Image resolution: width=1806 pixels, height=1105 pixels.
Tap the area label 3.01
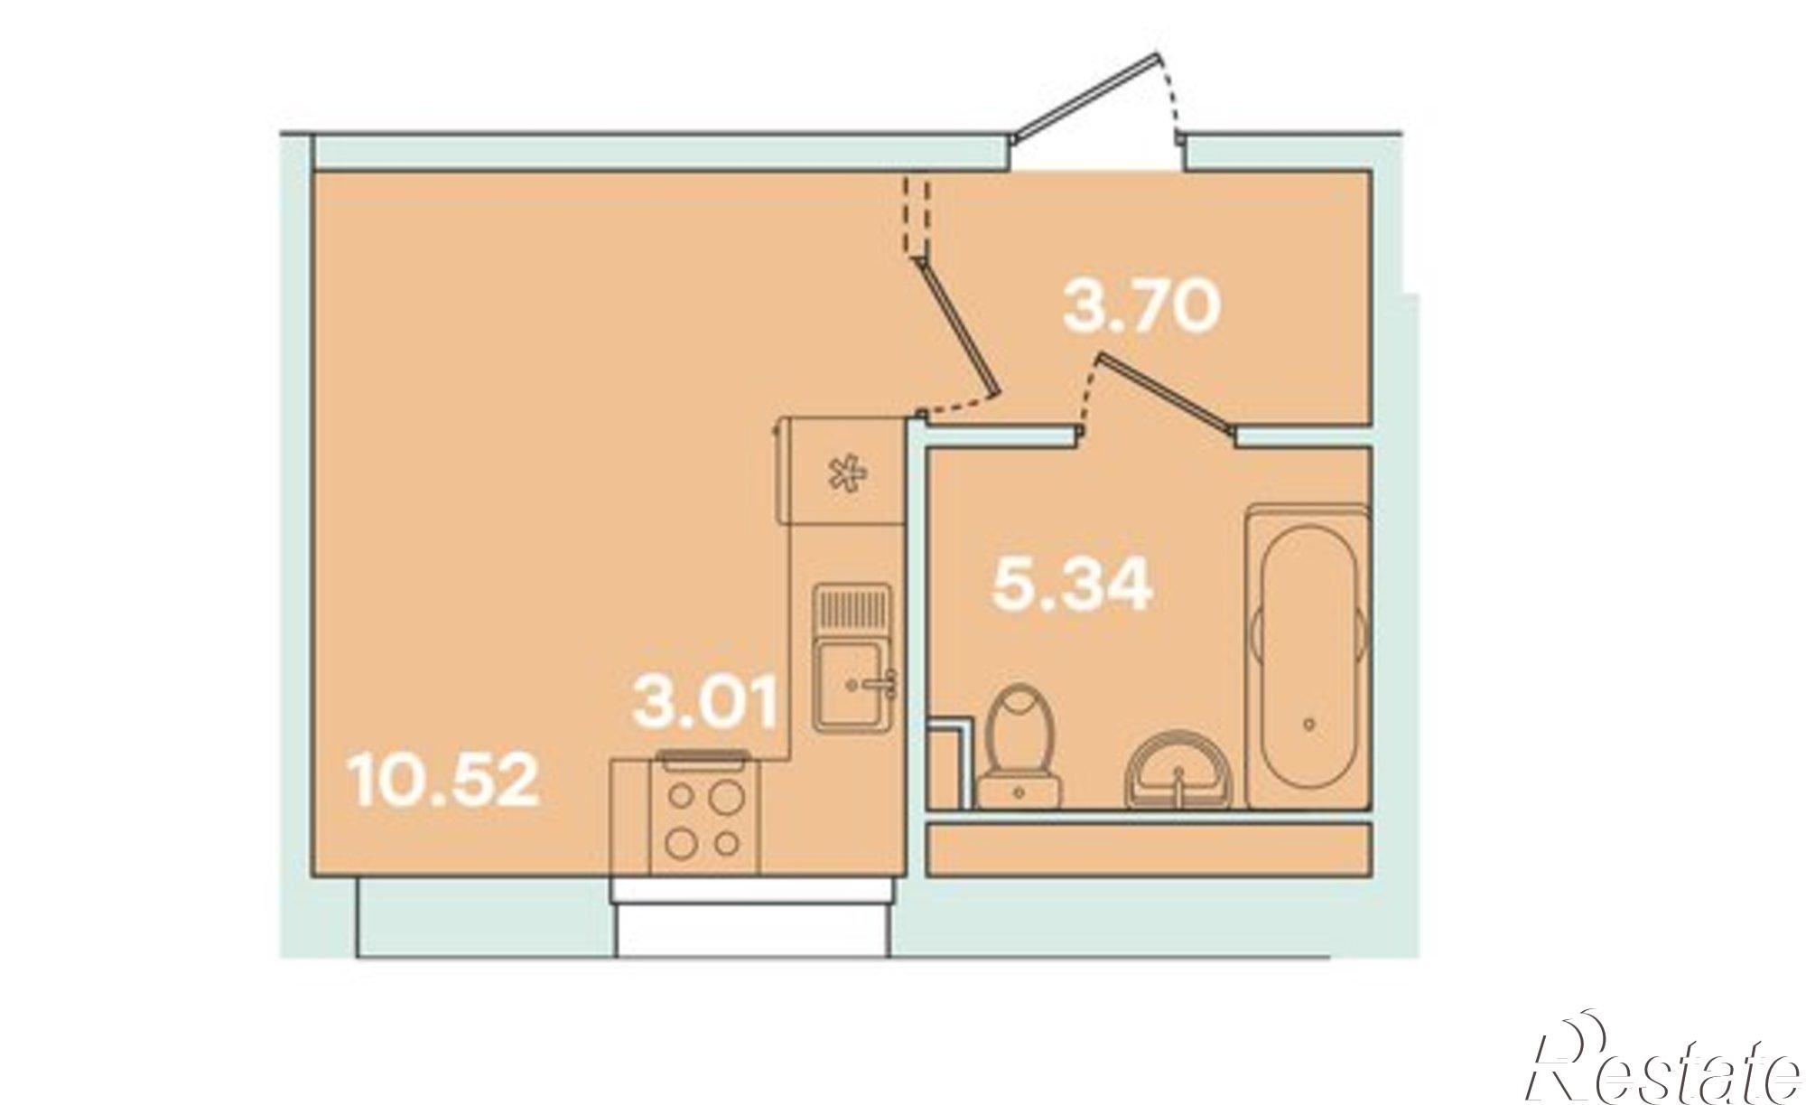pyautogui.click(x=706, y=705)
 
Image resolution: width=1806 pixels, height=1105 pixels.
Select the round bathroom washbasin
pyautogui.click(x=1180, y=770)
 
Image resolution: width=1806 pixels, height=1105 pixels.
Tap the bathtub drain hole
pyautogui.click(x=1309, y=724)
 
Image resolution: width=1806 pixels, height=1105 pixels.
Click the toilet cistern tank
pyautogui.click(x=1019, y=790)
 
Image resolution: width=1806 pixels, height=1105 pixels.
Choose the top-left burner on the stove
pyautogui.click(x=680, y=799)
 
